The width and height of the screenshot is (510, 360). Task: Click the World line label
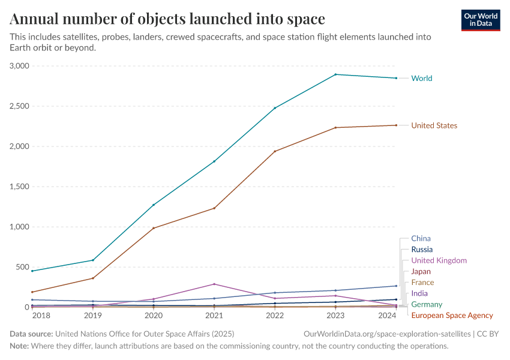[x=421, y=78]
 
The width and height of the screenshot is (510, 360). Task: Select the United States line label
[x=434, y=125]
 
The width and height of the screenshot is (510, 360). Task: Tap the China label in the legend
[x=421, y=238]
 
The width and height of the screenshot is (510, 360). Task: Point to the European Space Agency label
[x=452, y=315]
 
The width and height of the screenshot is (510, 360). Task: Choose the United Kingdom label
[x=439, y=260]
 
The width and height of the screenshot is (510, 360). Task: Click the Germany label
[x=427, y=304]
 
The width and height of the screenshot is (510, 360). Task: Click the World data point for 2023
[x=335, y=74]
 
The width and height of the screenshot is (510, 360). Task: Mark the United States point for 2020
[x=154, y=228]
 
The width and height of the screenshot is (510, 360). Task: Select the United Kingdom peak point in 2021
[x=214, y=284]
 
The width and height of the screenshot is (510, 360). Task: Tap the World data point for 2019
[x=93, y=260]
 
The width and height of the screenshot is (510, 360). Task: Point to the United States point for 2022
[x=275, y=151]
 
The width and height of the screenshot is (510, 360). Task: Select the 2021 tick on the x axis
[x=214, y=315]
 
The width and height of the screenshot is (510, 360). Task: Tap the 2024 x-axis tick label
[x=388, y=315]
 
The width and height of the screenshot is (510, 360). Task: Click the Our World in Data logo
[x=481, y=20]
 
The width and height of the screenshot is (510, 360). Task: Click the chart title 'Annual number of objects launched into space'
[x=167, y=19]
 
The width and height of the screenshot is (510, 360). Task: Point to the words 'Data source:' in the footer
[x=31, y=334]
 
